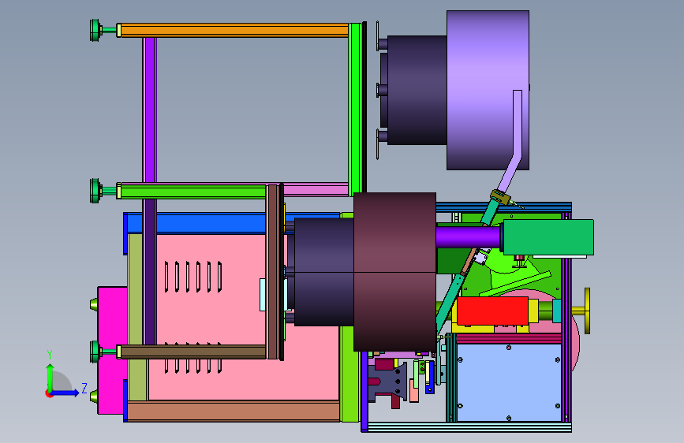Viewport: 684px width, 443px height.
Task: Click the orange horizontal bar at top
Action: pos(234,30)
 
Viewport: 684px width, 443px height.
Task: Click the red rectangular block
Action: pos(492,311)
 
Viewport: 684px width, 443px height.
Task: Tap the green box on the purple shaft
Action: pos(548,236)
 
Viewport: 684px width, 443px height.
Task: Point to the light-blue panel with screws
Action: pos(509,382)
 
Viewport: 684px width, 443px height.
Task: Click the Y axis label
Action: pos(50,355)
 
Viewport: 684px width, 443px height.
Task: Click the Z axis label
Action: pos(84,388)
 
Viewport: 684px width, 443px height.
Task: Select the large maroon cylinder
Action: pos(394,272)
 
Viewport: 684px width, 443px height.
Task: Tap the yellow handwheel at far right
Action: pos(587,311)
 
